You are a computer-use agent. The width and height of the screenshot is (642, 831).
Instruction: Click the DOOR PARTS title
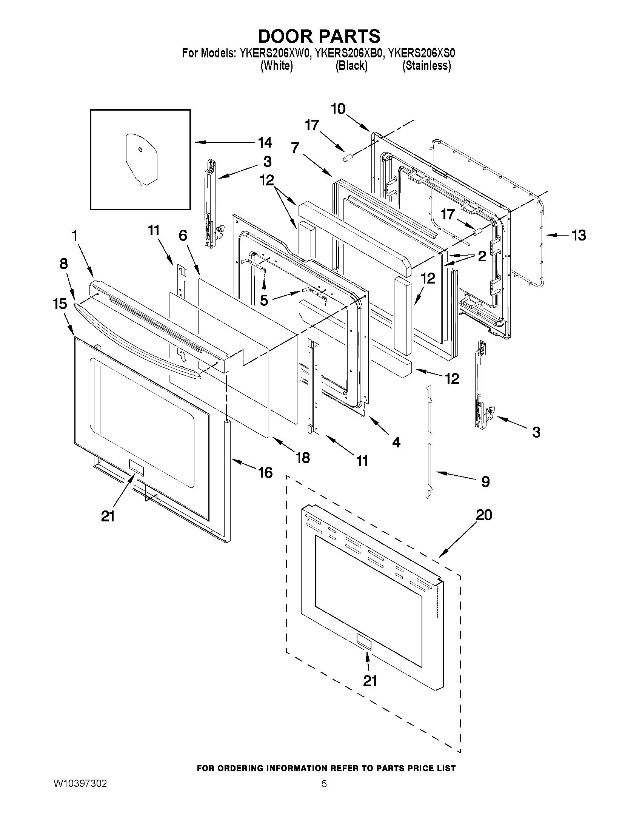(x=319, y=36)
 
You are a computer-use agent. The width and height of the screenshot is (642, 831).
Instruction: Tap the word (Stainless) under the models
(x=427, y=66)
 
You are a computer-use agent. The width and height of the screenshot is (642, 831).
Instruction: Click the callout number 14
(x=265, y=143)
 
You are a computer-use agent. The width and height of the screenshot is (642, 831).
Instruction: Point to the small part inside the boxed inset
(x=141, y=160)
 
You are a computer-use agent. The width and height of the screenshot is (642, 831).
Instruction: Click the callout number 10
(x=338, y=109)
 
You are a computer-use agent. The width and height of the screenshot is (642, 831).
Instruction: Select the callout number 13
(x=579, y=236)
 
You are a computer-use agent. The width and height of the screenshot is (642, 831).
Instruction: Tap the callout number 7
(x=295, y=148)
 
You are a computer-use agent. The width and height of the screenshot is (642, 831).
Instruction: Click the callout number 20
(x=484, y=515)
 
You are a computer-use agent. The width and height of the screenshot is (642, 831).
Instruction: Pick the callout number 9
(x=485, y=482)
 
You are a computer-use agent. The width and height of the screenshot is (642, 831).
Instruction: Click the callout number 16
(x=265, y=473)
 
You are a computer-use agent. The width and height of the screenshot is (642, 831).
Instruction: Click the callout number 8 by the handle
(x=63, y=264)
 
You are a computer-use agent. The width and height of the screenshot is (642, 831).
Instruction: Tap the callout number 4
(x=396, y=442)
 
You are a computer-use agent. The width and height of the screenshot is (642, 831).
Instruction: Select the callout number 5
(x=264, y=300)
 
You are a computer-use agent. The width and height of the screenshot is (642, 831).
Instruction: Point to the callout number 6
(x=183, y=236)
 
